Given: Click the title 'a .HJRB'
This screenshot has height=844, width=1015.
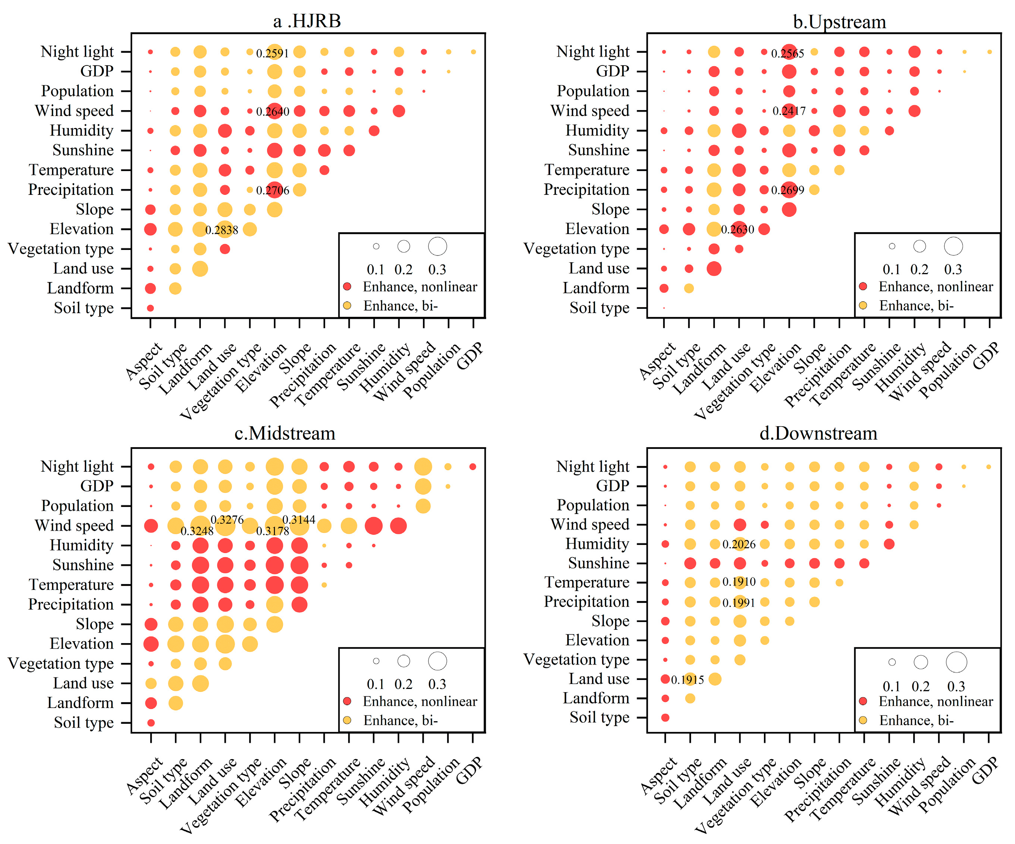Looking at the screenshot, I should [307, 21].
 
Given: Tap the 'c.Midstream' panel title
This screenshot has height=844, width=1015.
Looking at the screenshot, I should [285, 433].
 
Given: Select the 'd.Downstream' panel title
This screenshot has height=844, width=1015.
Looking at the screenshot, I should [818, 433].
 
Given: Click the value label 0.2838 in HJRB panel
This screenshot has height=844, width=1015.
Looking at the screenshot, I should [221, 230].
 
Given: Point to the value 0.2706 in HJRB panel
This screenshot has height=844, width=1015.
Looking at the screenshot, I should [273, 190].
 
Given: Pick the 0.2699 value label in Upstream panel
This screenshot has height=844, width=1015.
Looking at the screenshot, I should [787, 190].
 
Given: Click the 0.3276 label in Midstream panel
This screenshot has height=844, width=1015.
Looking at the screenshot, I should [227, 520].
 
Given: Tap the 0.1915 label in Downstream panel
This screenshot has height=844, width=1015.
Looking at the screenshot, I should [687, 680].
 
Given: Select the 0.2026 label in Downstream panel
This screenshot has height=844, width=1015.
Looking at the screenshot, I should [739, 544].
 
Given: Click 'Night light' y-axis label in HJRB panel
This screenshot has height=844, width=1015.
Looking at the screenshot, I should [77, 52].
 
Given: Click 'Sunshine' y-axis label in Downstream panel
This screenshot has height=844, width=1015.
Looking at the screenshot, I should [598, 563].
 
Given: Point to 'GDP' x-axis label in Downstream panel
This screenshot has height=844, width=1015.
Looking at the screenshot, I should [985, 770].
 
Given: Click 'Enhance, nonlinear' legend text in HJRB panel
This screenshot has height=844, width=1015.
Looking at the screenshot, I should [420, 287].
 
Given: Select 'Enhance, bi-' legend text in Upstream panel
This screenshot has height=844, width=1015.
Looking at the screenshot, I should [916, 305].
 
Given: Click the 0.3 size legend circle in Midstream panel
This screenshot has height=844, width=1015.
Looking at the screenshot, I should [437, 661].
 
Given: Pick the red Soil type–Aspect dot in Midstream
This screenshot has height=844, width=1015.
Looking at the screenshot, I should [151, 723].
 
